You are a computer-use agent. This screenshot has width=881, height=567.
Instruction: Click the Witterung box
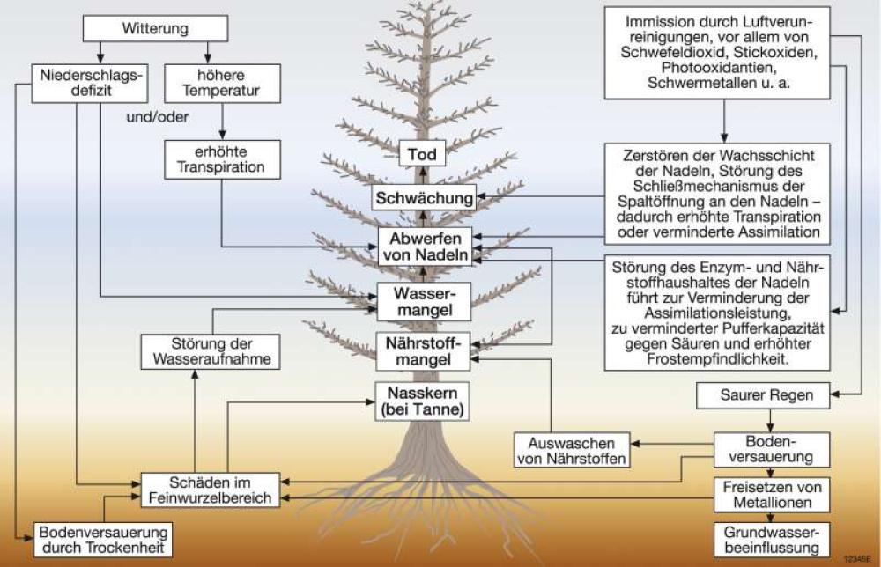[155, 29]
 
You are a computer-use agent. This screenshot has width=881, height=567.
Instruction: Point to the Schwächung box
[423, 197]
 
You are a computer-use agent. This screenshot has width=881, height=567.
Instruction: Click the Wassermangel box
[424, 300]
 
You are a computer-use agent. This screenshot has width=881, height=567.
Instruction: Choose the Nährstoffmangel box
[424, 350]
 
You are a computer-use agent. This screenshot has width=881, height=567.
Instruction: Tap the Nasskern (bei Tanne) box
[419, 401]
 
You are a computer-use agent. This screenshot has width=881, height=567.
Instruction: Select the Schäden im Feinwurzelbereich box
[211, 490]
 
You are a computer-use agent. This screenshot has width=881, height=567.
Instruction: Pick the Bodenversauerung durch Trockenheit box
[103, 540]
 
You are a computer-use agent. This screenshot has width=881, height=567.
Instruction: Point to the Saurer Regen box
[763, 396]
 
